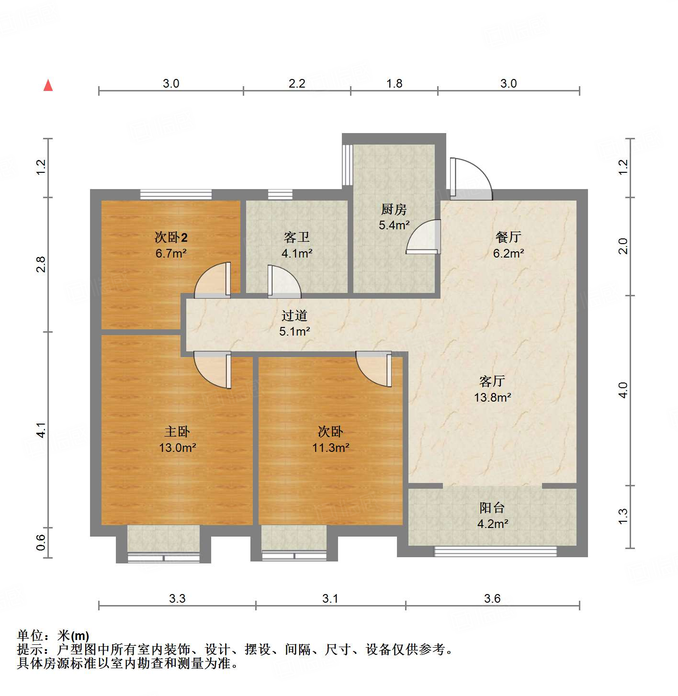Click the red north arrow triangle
tap(48, 85)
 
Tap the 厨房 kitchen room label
tap(394, 209)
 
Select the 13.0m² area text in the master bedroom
tap(177, 448)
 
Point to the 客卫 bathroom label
tap(297, 237)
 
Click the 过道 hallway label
tap(294, 315)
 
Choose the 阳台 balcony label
tap(492, 508)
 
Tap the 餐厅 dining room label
tap(508, 237)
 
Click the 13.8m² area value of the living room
tap(492, 397)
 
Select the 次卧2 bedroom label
tap(171, 237)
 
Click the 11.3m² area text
tap(330, 448)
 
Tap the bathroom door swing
tap(283, 281)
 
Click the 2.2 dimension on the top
tap(297, 84)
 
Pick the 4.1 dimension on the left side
tap(42, 429)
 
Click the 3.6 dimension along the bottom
tap(492, 598)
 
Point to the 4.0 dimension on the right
tap(622, 390)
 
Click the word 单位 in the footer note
tap(30, 636)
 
